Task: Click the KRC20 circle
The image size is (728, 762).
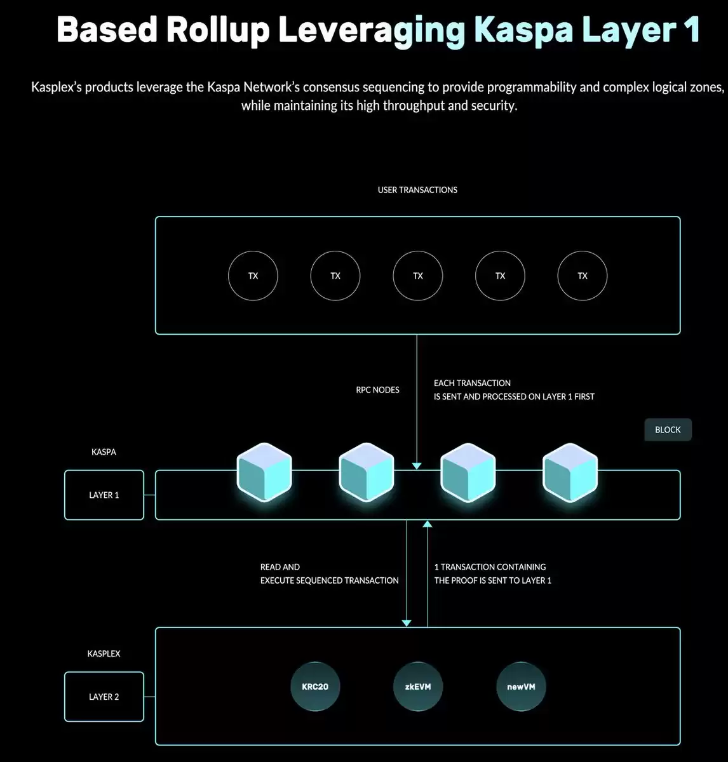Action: (315, 686)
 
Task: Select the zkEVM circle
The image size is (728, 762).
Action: (418, 686)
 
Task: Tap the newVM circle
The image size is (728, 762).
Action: (521, 686)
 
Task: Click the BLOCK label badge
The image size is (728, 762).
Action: (668, 429)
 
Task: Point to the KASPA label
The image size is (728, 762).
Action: (104, 452)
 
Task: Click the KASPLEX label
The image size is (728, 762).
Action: (104, 653)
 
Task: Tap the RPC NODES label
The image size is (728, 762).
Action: (377, 390)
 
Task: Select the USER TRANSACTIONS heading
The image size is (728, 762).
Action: (417, 190)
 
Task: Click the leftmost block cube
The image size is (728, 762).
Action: (264, 472)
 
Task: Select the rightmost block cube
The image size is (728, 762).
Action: (570, 472)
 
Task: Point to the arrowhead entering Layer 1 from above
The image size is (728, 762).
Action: (417, 466)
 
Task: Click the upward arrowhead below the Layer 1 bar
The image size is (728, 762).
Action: (428, 524)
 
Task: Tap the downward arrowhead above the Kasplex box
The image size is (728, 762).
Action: (407, 623)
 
